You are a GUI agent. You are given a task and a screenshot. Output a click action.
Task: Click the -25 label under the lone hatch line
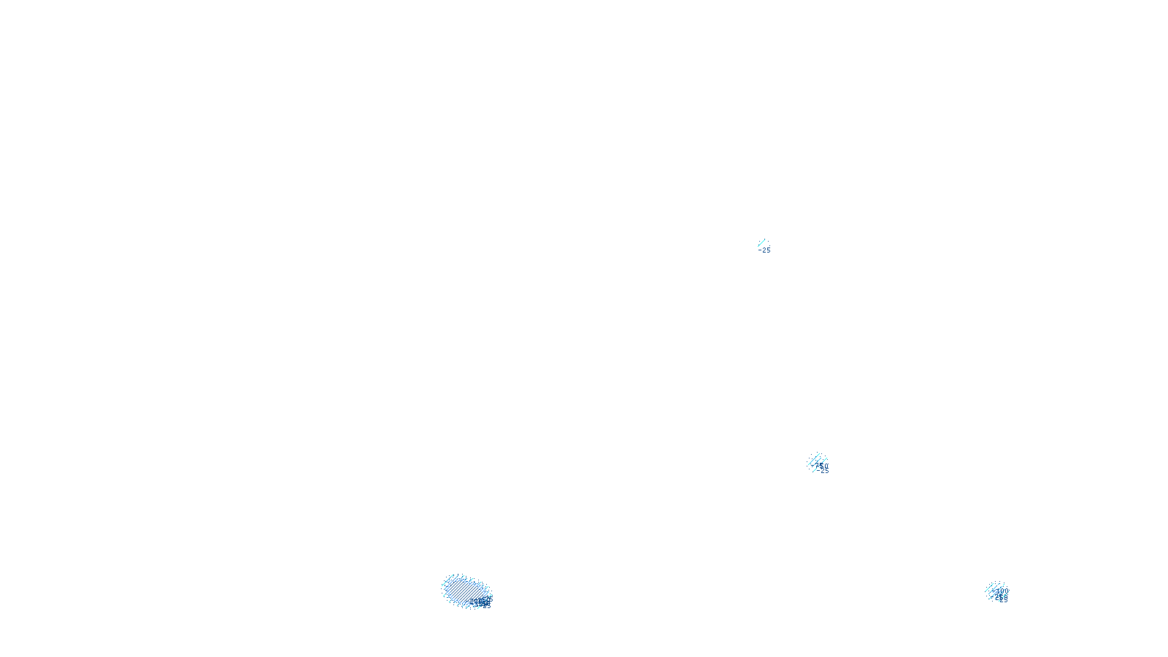[765, 250]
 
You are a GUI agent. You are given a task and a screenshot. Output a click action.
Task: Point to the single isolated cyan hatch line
[761, 242]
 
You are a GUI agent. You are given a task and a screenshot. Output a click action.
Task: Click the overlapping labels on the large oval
[482, 602]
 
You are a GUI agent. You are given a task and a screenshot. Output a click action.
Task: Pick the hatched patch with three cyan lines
[817, 461]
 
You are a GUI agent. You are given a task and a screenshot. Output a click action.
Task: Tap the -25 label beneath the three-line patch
[823, 471]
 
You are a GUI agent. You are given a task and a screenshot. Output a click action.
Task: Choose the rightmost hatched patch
[996, 591]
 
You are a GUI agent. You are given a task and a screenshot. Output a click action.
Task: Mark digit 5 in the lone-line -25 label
[769, 250]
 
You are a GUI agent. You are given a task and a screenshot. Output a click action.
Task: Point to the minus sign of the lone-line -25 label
[760, 250]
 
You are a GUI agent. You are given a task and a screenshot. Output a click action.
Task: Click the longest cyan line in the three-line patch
[817, 461]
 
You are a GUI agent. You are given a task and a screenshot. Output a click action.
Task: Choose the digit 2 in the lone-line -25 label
[764, 250]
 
